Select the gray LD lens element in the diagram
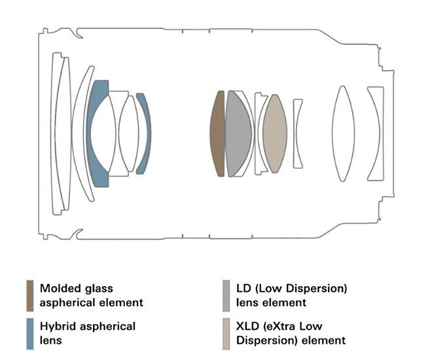pos(238,133)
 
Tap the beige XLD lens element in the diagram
pos(275,133)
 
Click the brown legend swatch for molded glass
pos(29,295)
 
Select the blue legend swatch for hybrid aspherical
pos(29,333)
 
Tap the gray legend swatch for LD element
pos(225,295)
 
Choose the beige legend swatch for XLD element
pos(225,333)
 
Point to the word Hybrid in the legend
pos(56,326)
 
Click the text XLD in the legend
pos(250,326)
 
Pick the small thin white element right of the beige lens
pos(298,133)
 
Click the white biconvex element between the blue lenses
pos(128,133)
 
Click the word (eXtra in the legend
pos(289,326)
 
